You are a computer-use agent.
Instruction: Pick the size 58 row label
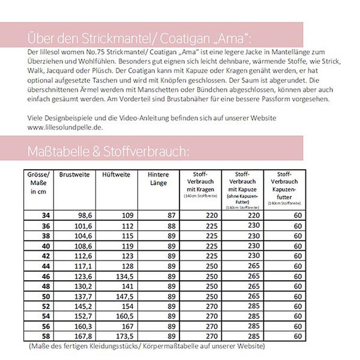[45, 337]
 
